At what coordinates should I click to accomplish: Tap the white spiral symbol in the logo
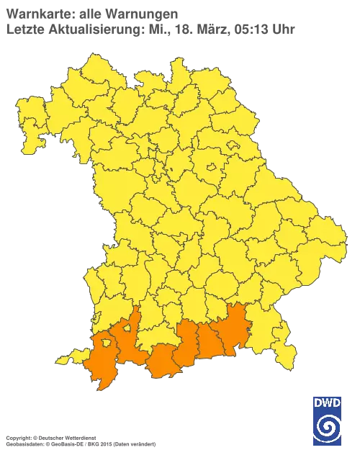coord(328,429)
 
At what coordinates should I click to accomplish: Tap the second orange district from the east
coord(212,339)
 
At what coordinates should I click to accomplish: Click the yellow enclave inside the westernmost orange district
coord(107,343)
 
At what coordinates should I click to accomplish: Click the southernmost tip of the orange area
coord(102,388)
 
